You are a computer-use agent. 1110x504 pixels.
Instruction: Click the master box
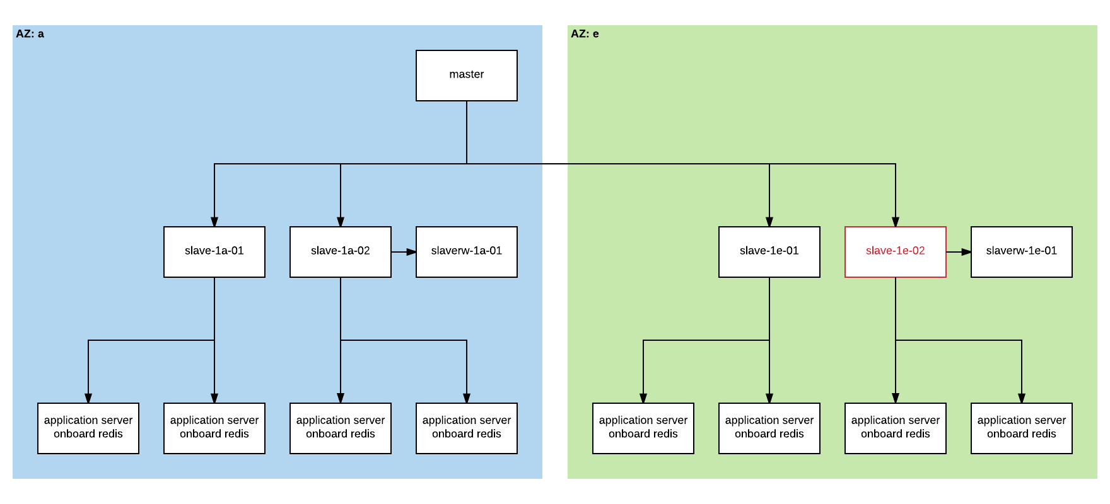coord(467,75)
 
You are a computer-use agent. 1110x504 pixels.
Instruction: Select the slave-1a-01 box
coord(214,251)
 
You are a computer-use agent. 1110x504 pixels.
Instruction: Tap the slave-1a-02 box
coord(341,251)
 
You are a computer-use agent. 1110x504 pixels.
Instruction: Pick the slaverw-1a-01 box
coord(467,251)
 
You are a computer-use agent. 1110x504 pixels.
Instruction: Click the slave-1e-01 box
coord(769,251)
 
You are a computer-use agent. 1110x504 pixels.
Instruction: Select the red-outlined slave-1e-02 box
coord(896,251)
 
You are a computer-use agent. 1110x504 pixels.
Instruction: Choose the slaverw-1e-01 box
coord(1022,251)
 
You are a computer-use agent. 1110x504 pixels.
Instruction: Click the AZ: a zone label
coord(30,34)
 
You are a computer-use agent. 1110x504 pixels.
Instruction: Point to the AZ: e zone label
coord(585,34)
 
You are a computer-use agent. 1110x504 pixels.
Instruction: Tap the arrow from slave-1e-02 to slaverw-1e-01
coord(959,252)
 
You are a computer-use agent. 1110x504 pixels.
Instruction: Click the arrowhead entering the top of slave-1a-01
coord(214,222)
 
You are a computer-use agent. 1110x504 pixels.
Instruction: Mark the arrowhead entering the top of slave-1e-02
coord(896,222)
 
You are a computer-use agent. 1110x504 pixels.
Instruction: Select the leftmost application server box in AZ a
coord(88,428)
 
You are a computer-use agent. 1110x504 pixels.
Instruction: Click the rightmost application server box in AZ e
coord(1022,428)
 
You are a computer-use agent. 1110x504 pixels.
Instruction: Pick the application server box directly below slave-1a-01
coord(214,428)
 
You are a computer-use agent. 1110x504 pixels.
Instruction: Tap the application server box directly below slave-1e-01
coord(769,428)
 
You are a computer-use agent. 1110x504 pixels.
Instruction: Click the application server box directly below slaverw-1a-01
coord(467,428)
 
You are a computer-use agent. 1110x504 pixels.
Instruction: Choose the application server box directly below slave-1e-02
coord(896,428)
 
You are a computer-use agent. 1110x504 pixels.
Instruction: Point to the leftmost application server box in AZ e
coord(643,428)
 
